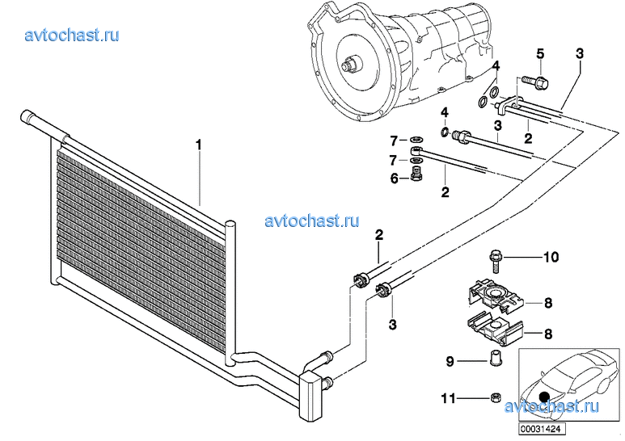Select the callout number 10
tap(551, 258)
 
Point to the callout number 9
tap(450, 362)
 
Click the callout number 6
tap(395, 178)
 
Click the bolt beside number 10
tap(496, 259)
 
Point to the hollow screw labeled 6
tap(416, 176)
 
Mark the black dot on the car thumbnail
tap(544, 397)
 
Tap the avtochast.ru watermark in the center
tap(311, 220)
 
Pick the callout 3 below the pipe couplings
tap(394, 325)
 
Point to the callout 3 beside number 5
tap(579, 54)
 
